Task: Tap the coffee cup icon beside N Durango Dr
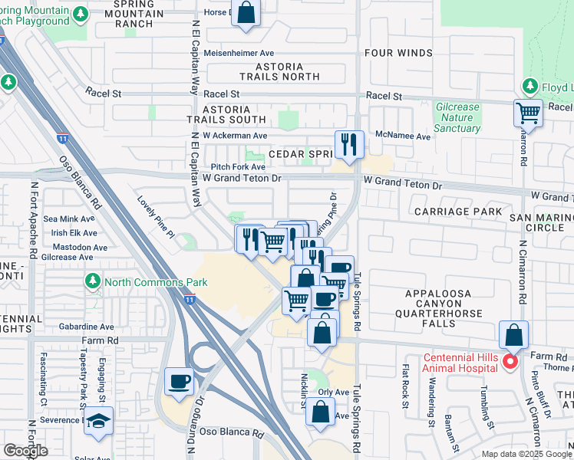point(180,382)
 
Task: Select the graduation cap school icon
point(97,422)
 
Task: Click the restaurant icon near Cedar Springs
point(349,144)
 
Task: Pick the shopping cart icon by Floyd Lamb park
point(528,113)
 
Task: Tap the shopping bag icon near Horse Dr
point(246,13)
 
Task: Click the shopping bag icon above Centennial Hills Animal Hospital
point(513,335)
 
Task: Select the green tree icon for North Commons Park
point(92,281)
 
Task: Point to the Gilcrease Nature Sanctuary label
point(457,118)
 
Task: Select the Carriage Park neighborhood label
point(457,211)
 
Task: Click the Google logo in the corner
point(25,451)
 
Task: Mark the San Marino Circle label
point(541,222)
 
